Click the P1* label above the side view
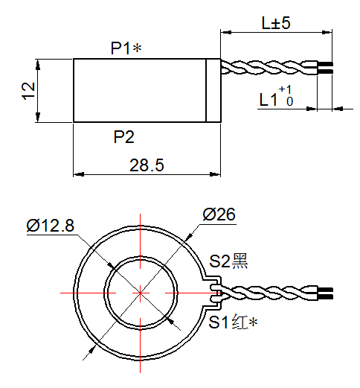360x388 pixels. pyautogui.click(x=126, y=48)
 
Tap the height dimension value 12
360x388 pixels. pyautogui.click(x=28, y=90)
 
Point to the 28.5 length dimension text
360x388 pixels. pyautogui.click(x=147, y=165)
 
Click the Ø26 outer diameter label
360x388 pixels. pyautogui.click(x=219, y=214)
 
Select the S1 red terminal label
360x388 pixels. pyautogui.click(x=232, y=322)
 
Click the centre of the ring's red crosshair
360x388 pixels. pyautogui.click(x=140, y=293)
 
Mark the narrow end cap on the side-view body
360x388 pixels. pyautogui.click(x=213, y=90)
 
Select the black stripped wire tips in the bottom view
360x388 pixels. pyautogui.click(x=325, y=292)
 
